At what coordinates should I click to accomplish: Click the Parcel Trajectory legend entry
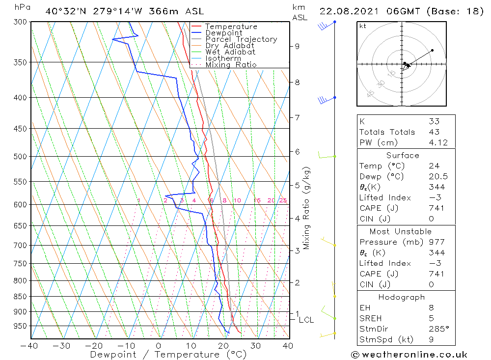[x=241, y=39]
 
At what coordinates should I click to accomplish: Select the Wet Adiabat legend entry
[x=230, y=52]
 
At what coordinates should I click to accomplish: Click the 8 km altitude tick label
[x=297, y=83]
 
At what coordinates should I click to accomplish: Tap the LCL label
[x=306, y=320]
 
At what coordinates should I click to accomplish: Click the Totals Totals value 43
[x=434, y=132]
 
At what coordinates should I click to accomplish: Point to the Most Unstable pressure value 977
[x=436, y=242]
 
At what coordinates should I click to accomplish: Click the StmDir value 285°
[x=437, y=329]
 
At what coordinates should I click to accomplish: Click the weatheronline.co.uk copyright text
[x=409, y=355]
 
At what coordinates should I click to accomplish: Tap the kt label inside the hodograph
[x=363, y=26]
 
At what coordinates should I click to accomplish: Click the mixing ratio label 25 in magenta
[x=283, y=200]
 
